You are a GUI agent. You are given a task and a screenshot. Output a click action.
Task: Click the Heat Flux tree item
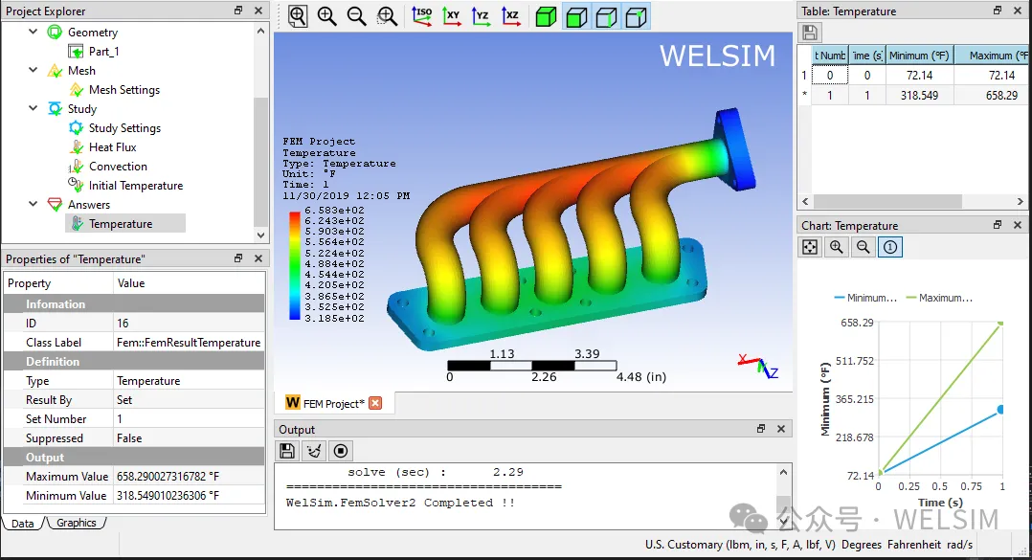click(113, 147)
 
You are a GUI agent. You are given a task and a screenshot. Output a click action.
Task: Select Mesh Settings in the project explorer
click(124, 89)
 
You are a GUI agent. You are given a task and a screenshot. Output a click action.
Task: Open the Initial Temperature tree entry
click(136, 186)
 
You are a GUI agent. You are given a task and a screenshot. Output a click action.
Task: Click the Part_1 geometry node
click(104, 52)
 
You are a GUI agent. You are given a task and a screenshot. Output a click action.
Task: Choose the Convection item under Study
click(118, 167)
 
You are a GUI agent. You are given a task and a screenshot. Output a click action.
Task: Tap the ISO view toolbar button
click(422, 16)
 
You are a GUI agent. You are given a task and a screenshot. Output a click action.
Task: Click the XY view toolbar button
click(452, 16)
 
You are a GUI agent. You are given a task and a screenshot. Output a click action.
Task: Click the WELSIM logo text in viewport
click(717, 56)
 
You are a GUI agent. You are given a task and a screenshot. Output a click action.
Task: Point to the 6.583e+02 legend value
click(334, 211)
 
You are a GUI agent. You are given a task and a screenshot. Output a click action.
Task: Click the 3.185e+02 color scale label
click(334, 319)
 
